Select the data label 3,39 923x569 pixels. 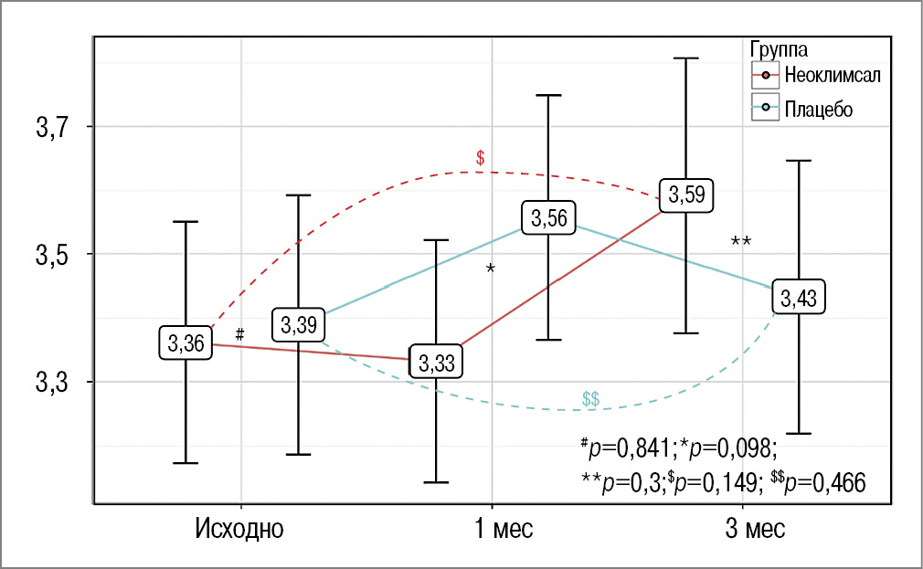[298, 324]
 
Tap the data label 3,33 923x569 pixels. [435, 362]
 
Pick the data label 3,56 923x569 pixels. [548, 218]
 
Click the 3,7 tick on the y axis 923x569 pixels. [53, 127]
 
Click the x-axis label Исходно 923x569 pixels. [239, 529]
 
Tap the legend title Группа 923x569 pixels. [777, 47]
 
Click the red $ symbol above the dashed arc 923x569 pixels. [480, 158]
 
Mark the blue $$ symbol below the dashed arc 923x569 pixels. [590, 399]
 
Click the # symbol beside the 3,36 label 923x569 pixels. [239, 334]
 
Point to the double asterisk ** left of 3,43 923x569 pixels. [740, 242]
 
